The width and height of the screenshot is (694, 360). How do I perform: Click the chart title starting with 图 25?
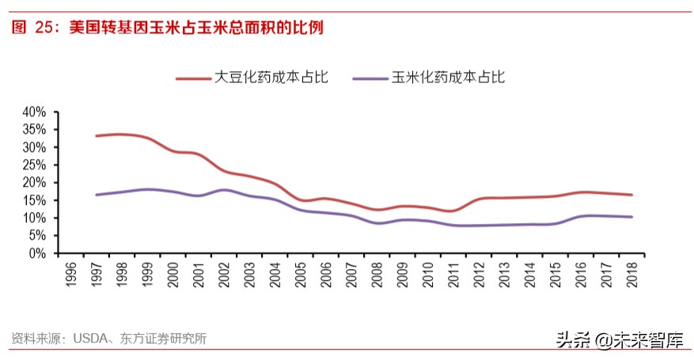coord(167,28)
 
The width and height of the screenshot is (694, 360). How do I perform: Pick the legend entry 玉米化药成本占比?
coord(448,77)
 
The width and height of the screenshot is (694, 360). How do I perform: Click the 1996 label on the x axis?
coord(70,274)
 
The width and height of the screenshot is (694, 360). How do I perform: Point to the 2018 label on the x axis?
coord(632,274)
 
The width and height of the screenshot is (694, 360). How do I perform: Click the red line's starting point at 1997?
coord(97,136)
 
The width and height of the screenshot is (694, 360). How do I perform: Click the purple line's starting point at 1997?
coord(97,195)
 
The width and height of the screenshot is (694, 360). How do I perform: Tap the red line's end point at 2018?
coord(631,195)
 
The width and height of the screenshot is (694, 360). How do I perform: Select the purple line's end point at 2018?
coord(631,217)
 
